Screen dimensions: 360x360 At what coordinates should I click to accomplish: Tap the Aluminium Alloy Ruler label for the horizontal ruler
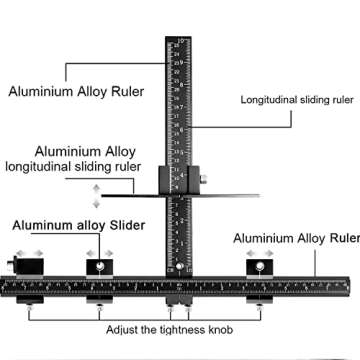pos(295,239)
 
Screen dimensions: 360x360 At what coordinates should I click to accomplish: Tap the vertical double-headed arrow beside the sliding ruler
pos(95,195)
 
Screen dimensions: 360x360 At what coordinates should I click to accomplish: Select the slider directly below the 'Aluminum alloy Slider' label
pos(99,268)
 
